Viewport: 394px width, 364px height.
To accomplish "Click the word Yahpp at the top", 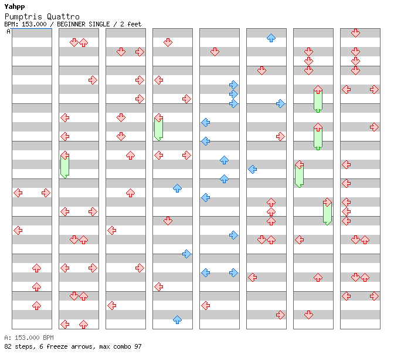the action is pos(15,6).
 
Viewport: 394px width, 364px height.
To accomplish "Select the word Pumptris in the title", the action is pos(23,16).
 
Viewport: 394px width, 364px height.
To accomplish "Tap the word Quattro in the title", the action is pos(63,16).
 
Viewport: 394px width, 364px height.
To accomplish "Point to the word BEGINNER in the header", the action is pos(71,24).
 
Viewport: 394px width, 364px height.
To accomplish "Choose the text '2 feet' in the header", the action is pos(131,24).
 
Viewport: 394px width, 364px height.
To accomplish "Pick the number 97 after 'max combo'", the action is pos(138,346).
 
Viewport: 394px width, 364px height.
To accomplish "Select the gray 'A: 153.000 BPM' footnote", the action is pos(29,338).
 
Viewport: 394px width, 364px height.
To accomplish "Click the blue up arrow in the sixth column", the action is pos(271,38).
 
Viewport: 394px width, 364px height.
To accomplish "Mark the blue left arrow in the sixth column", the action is pos(253,169).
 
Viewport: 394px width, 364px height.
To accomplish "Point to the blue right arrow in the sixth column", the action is pos(280,104).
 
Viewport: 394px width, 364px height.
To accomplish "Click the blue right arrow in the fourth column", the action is pos(186,254).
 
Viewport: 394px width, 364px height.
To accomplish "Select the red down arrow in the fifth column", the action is pos(215,52).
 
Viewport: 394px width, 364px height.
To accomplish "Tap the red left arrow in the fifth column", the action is pos(206,306).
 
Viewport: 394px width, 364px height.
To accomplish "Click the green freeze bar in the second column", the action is pos(65,166).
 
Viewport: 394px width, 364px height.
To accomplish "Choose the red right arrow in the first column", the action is pos(46,193).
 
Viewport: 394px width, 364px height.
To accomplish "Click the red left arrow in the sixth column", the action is pos(253,278).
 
